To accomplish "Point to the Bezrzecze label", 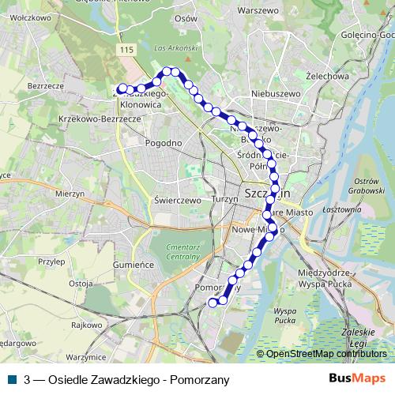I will click(x=45, y=85).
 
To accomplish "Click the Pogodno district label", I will click(x=164, y=143).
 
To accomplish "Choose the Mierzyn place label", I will click(x=70, y=193).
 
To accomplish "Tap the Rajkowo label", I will click(x=87, y=325).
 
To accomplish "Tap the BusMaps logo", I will click(x=358, y=379).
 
